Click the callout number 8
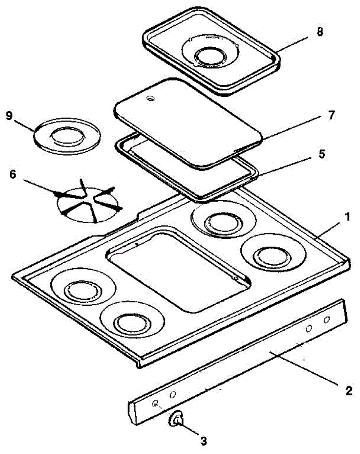(320, 32)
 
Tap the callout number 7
(332, 115)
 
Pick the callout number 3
(204, 440)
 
